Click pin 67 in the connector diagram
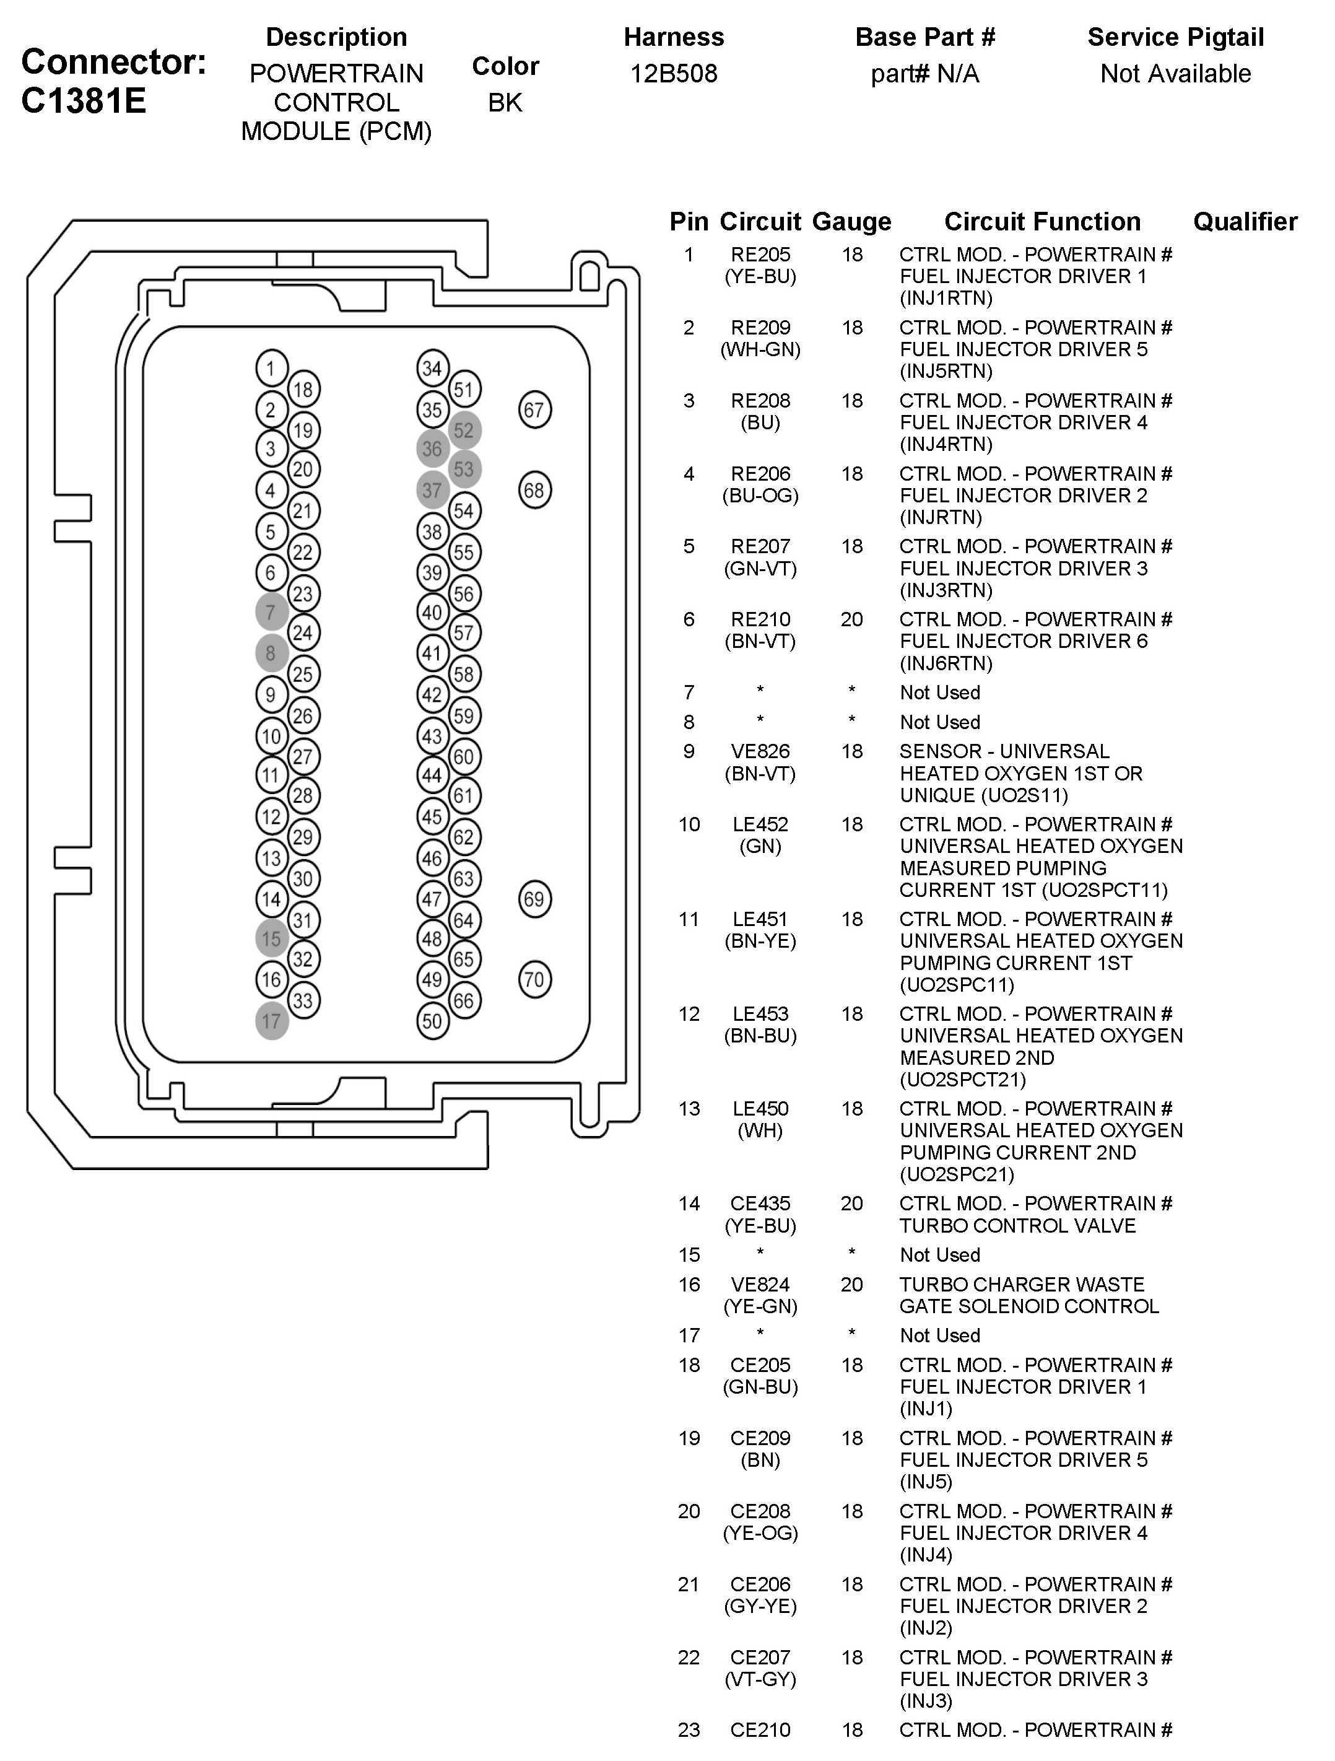[534, 410]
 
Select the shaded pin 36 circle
[432, 448]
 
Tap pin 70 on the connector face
[534, 979]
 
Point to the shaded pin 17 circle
[271, 1021]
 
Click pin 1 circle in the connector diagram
[271, 368]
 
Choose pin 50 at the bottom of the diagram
[432, 1021]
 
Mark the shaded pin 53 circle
[464, 469]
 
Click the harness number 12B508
[674, 73]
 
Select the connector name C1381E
[84, 101]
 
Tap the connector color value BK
[505, 102]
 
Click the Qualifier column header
[1245, 221]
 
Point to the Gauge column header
[852, 221]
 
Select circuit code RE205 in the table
[760, 255]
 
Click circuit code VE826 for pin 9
[760, 751]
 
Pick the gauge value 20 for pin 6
[852, 619]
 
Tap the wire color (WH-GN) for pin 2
[760, 349]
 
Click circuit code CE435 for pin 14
[760, 1204]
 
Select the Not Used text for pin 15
[940, 1255]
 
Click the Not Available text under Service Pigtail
[1176, 73]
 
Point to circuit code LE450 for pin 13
[760, 1109]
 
